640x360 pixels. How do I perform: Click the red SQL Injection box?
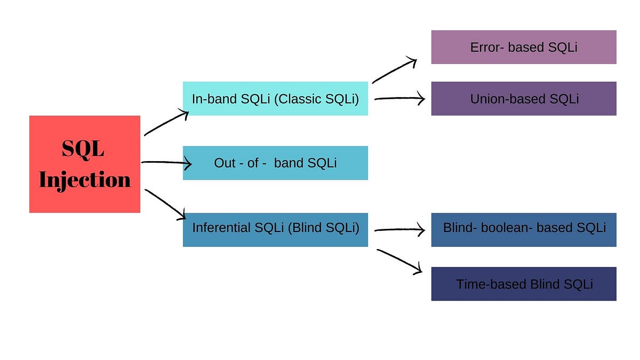tap(85, 164)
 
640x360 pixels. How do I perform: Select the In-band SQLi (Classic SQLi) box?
tap(275, 98)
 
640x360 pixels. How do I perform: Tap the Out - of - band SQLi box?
tap(275, 163)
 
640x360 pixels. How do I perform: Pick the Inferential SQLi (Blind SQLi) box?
tap(275, 229)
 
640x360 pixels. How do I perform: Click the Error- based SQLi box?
tap(524, 47)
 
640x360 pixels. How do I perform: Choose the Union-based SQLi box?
tap(524, 99)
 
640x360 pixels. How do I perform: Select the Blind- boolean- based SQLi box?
tap(524, 229)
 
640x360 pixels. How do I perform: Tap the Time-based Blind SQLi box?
tap(524, 284)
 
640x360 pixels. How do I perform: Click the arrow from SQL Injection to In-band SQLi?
tap(166, 123)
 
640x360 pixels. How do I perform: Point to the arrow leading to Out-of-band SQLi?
tap(166, 162)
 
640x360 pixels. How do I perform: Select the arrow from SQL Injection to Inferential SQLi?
tap(165, 204)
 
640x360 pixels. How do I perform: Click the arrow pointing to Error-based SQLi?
tap(395, 70)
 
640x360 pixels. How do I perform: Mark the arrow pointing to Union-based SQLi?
tap(399, 98)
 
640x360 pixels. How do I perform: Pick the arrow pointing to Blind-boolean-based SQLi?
tap(399, 230)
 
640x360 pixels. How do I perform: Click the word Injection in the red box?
tap(85, 179)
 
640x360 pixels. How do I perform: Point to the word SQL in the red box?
tap(83, 149)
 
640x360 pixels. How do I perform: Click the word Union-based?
tap(505, 99)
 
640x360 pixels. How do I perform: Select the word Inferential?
tap(221, 228)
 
